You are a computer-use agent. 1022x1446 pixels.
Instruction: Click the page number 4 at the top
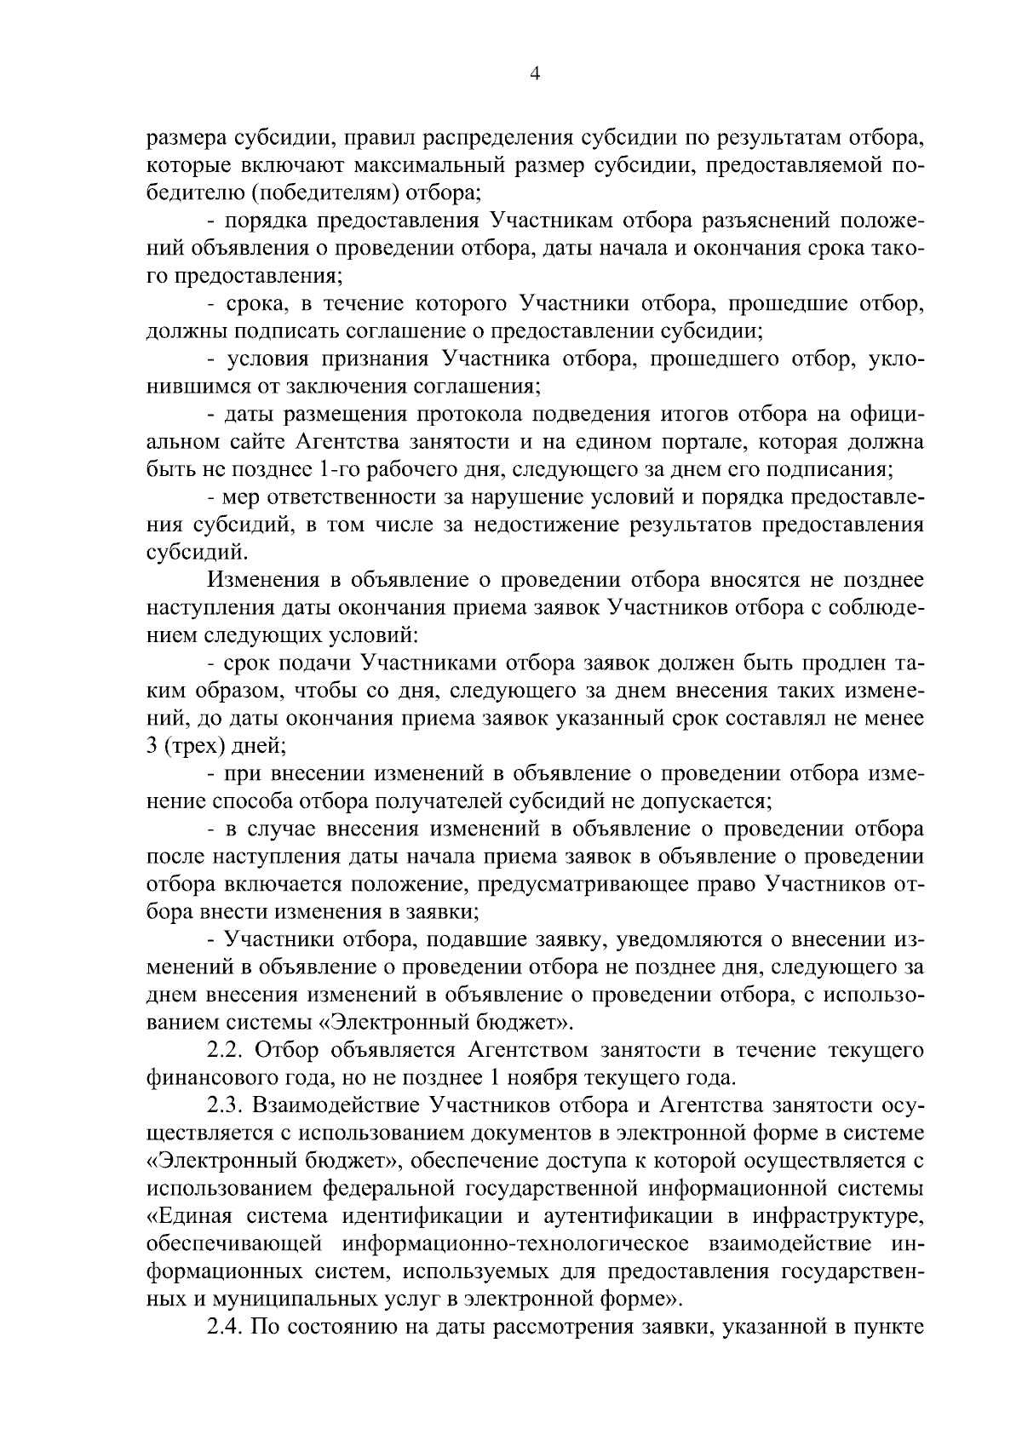534,73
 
